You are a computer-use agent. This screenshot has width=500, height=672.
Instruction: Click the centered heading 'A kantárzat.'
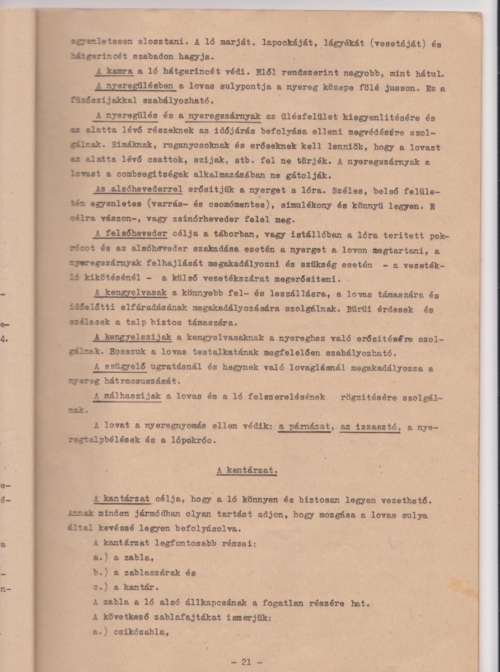247,471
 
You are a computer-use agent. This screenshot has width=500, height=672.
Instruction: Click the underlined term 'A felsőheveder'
131,234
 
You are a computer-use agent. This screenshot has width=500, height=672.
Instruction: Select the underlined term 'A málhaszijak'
128,396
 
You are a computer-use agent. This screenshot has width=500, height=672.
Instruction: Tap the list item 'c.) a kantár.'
126,587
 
